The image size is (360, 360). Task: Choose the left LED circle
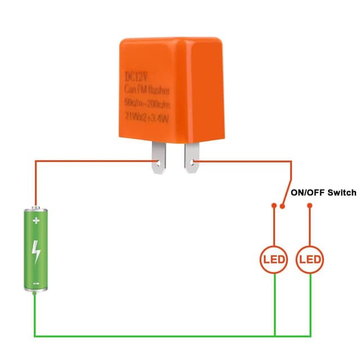click(x=274, y=260)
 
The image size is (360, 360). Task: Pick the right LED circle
click(x=310, y=260)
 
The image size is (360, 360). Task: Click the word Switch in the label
click(x=341, y=192)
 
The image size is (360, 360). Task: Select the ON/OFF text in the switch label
click(x=308, y=192)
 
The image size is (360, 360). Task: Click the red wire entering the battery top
click(x=36, y=191)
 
